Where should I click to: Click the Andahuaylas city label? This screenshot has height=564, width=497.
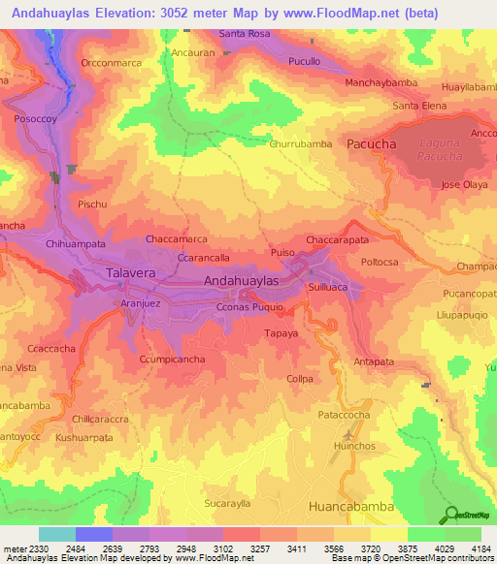(242, 280)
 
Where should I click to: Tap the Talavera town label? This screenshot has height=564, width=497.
(129, 274)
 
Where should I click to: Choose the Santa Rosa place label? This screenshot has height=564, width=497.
(245, 33)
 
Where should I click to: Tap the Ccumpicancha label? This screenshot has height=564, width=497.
(171, 360)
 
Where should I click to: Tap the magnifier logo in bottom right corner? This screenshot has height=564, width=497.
(450, 514)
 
